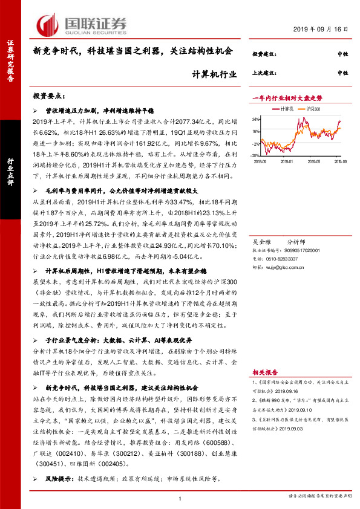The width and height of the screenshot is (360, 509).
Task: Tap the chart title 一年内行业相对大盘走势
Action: (x=287, y=97)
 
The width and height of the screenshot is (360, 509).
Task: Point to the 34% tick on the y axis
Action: (x=257, y=119)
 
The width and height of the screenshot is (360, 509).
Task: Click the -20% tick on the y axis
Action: (x=257, y=144)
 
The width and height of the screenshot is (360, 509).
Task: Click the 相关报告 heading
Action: (x=263, y=373)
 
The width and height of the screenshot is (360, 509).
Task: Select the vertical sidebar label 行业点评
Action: (x=10, y=171)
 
